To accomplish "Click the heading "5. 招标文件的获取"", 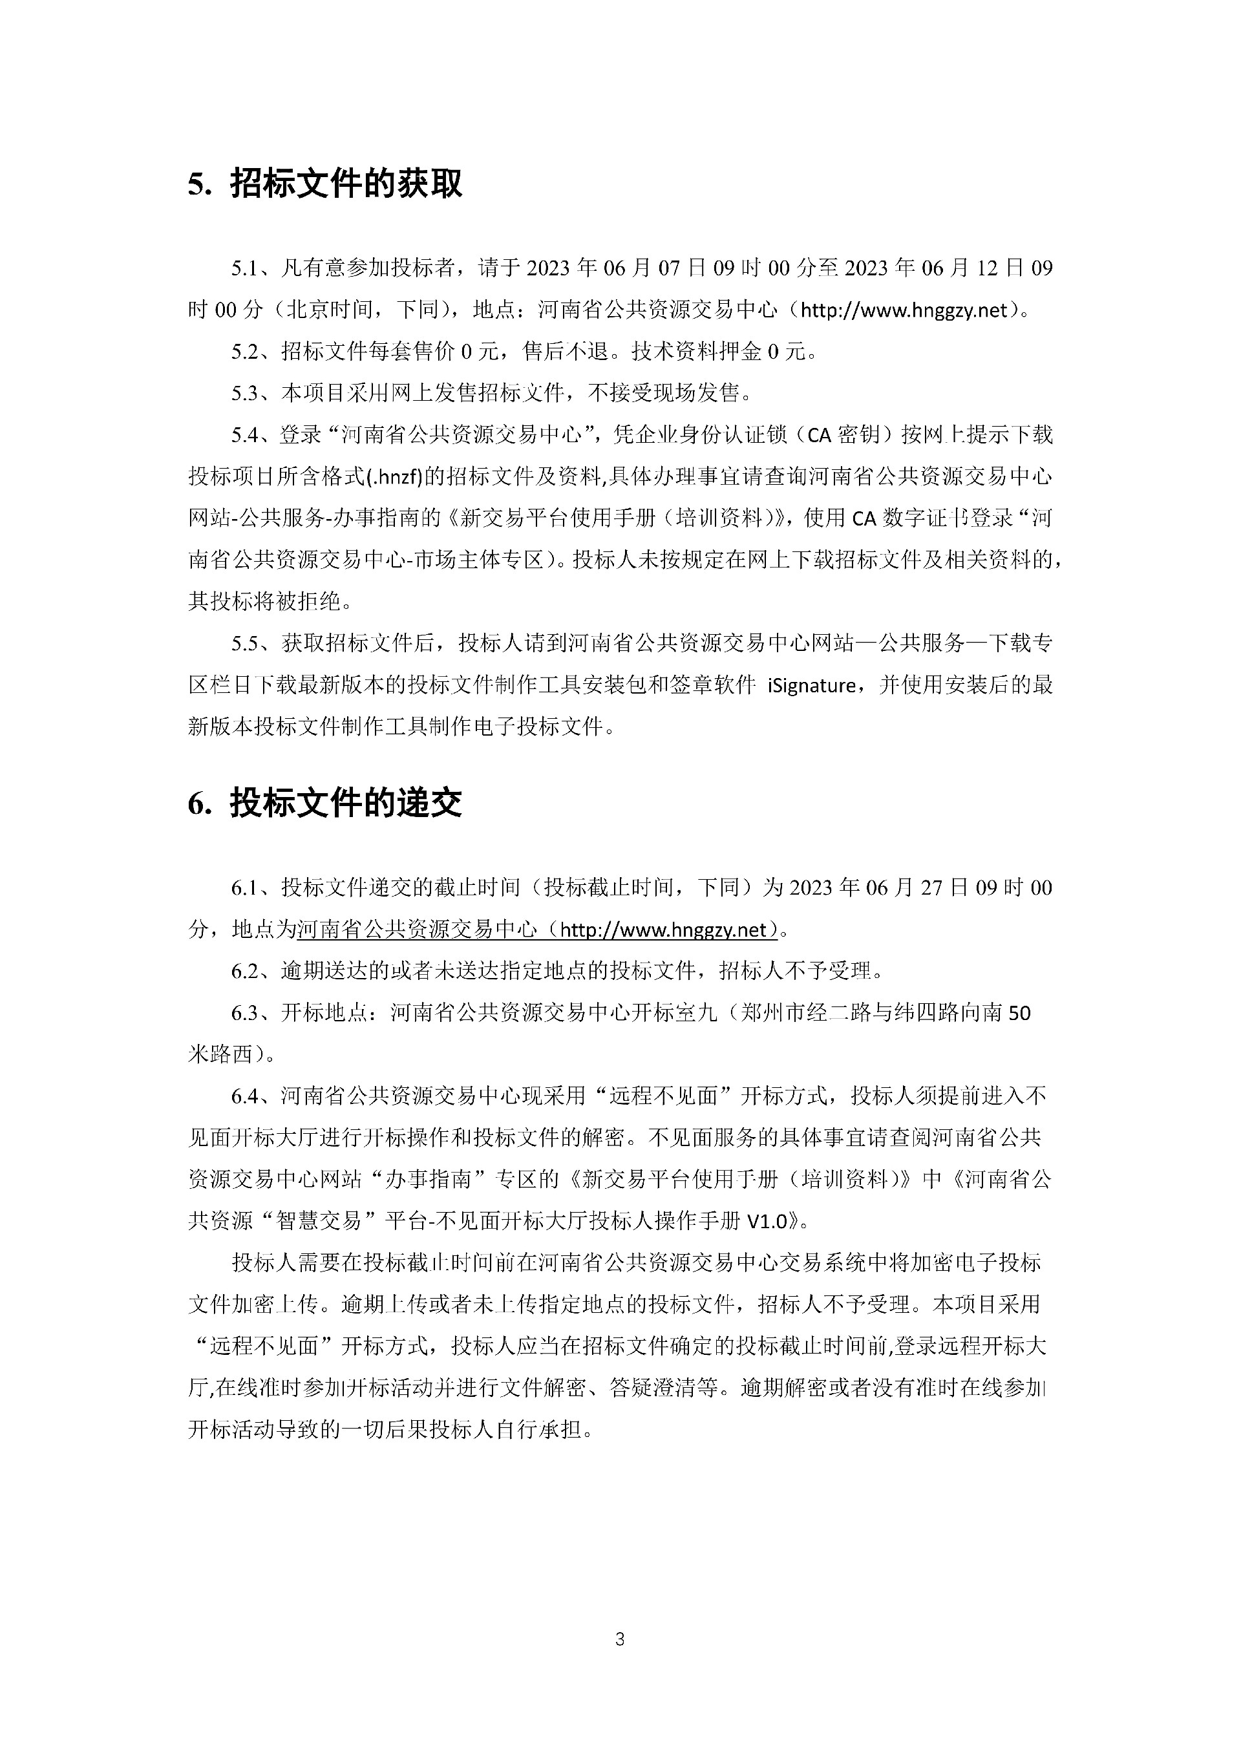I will [324, 184].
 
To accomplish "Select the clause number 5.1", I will [246, 268].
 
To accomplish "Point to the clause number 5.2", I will [246, 352].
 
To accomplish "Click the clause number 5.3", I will [246, 394].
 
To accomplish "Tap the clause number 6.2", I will [246, 972].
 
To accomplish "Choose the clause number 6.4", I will [246, 1096].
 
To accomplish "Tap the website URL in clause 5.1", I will [905, 310].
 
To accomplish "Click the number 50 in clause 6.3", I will [1019, 1014].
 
